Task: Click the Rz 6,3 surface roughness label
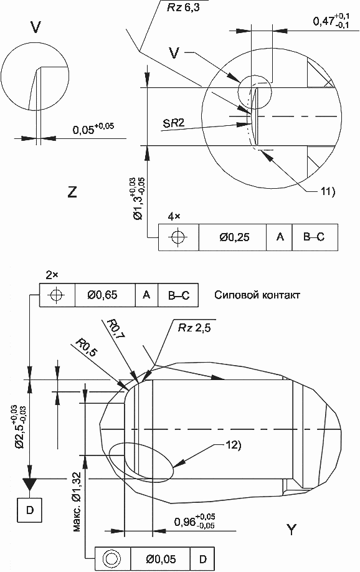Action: (x=184, y=7)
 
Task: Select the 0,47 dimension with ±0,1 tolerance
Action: (x=331, y=21)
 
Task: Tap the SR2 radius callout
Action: (x=173, y=123)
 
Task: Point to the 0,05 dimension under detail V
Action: (x=93, y=128)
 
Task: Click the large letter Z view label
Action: (x=72, y=192)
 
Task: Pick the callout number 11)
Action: (x=328, y=191)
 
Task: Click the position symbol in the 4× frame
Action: (x=178, y=237)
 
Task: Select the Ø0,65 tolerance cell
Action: (x=105, y=295)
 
